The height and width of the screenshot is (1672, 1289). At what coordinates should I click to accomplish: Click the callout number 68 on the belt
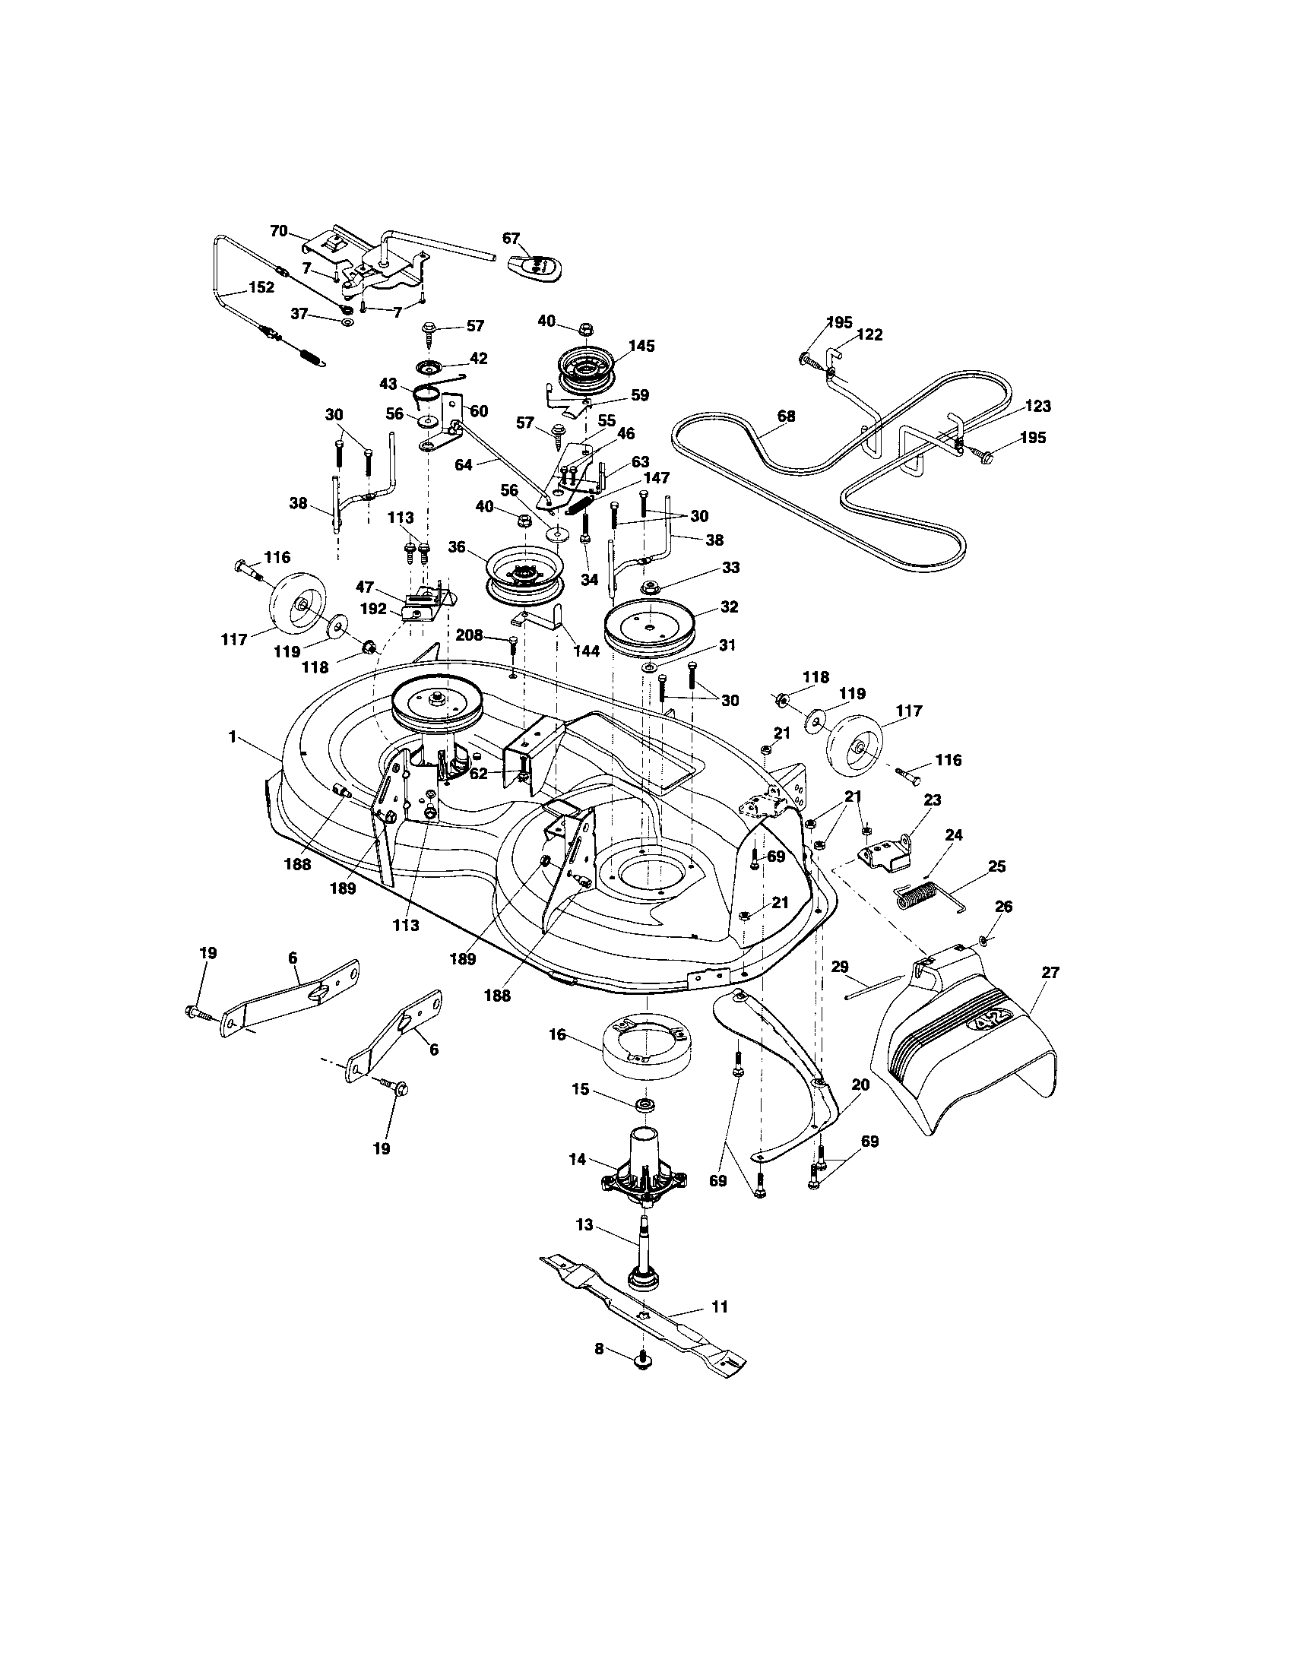click(x=785, y=416)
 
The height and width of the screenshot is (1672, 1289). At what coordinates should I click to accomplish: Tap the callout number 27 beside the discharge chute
click(x=1050, y=972)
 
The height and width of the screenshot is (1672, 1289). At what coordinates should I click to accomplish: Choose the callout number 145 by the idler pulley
click(x=641, y=346)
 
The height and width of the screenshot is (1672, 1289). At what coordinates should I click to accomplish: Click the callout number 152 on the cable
click(x=260, y=289)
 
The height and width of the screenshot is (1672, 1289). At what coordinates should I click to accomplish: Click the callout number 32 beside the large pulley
click(x=729, y=606)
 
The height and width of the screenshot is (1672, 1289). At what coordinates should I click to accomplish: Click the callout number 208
click(x=469, y=635)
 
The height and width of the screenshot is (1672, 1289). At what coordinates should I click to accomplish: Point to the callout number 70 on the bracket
click(x=280, y=230)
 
